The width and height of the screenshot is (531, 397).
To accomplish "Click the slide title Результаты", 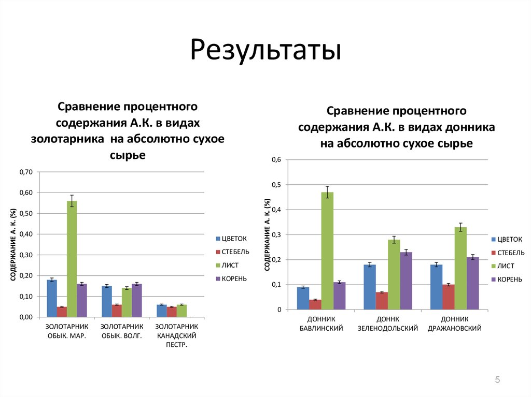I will [x=265, y=51].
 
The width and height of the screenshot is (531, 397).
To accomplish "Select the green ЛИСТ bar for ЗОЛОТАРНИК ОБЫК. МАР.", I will [x=72, y=259].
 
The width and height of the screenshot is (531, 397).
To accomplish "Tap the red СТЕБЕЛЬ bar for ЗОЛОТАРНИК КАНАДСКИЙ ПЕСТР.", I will [x=172, y=312].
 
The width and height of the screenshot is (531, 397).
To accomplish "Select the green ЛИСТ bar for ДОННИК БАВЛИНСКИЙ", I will [x=327, y=251].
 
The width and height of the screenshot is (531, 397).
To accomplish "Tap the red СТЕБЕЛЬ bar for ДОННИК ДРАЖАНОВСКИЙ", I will [x=449, y=297].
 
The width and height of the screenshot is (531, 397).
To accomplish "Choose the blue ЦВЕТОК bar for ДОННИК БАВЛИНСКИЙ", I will [x=303, y=298].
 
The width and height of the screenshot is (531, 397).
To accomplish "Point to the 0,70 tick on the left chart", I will [x=25, y=172].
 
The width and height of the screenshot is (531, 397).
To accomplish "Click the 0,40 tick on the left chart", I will [x=25, y=234].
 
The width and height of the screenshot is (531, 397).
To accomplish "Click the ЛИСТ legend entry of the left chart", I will [x=229, y=266].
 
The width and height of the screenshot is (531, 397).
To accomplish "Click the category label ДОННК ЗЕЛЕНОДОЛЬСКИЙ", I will [x=388, y=324].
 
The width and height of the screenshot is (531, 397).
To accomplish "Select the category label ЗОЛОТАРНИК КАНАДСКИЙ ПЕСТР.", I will [x=177, y=335].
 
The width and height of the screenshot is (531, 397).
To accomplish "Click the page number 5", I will [x=497, y=380].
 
